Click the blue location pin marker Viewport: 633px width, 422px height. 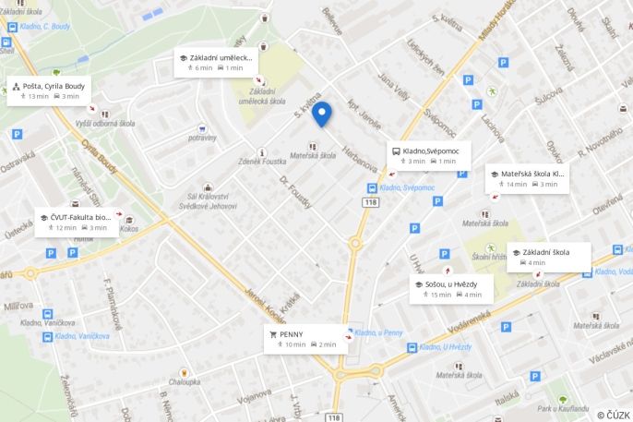click(x=321, y=114)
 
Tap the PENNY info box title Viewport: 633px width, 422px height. click(x=292, y=333)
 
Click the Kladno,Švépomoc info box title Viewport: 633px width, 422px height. click(x=432, y=151)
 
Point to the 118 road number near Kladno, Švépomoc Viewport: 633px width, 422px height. click(x=370, y=201)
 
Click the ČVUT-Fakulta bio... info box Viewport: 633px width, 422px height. click(x=79, y=222)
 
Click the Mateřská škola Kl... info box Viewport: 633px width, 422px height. click(x=527, y=178)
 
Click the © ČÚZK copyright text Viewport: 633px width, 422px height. click(x=613, y=416)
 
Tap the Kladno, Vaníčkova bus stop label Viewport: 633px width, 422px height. click(x=82, y=336)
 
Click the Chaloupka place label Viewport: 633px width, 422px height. click(x=185, y=380)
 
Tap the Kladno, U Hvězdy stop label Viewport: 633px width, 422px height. click(x=444, y=347)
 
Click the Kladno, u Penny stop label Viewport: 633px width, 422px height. click(x=378, y=332)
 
